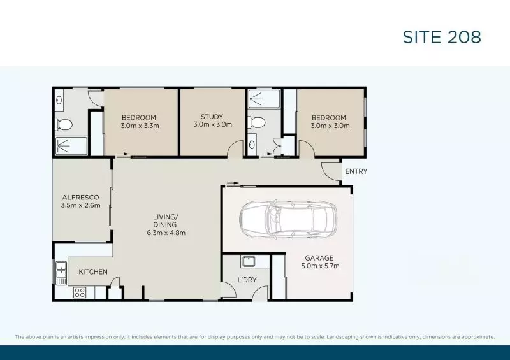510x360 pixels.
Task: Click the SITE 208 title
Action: (441, 37)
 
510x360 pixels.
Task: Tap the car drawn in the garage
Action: (285, 219)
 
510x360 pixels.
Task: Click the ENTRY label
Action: (356, 171)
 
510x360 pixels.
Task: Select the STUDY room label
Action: (212, 117)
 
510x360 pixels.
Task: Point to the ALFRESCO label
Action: (81, 197)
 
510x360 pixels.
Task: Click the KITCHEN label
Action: (93, 272)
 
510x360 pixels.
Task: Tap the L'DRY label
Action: (247, 280)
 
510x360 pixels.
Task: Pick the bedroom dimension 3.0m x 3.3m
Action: (140, 126)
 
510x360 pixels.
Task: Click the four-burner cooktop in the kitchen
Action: (80, 292)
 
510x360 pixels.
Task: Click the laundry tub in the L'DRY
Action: (248, 261)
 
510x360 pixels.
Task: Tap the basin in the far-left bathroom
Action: (59, 99)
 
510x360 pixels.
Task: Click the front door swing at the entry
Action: (330, 169)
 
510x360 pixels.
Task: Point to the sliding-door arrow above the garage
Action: (233, 183)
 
